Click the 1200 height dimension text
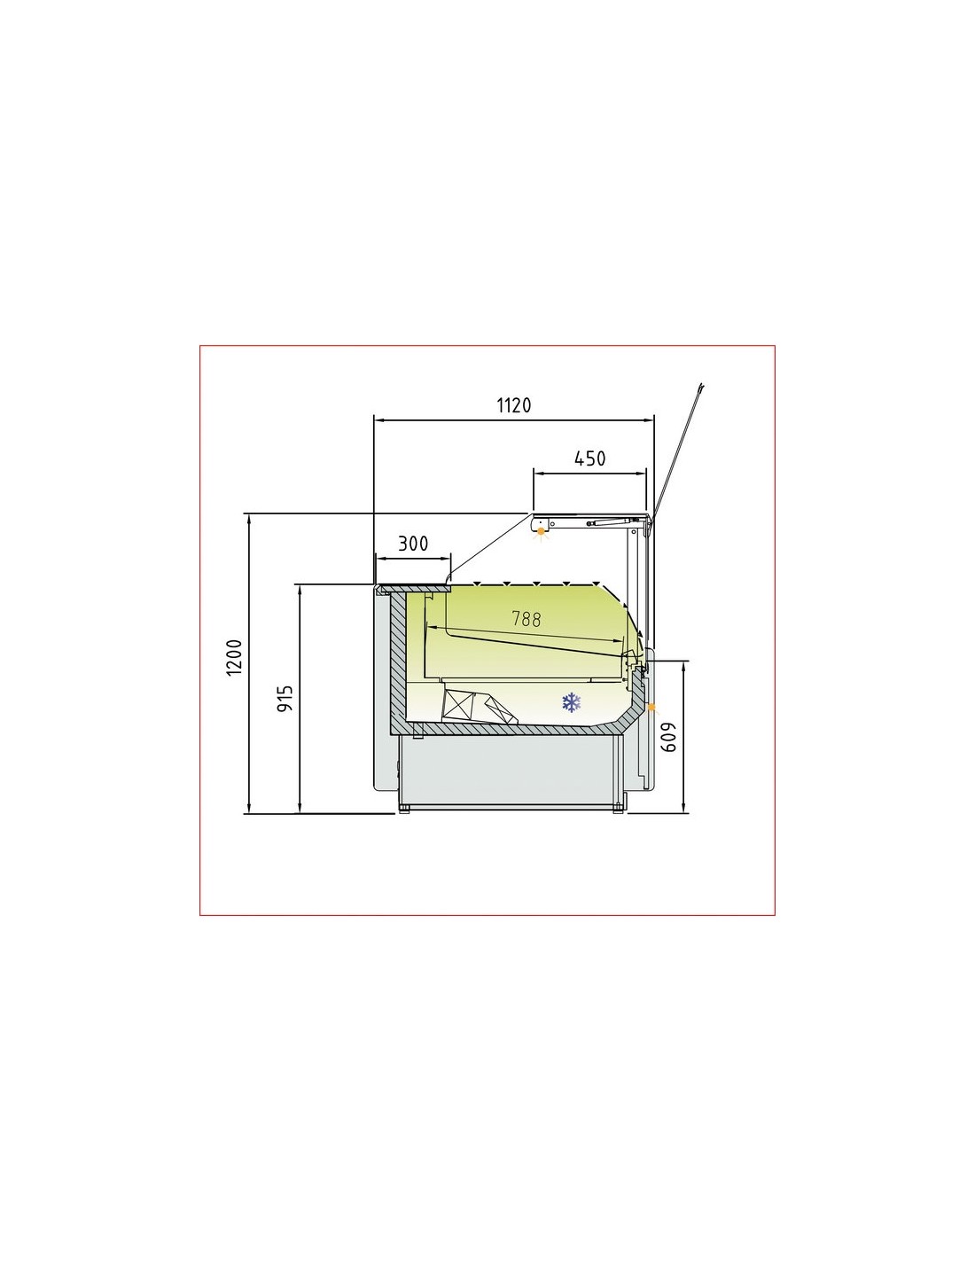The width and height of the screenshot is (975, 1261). [234, 657]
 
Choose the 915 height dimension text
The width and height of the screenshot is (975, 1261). [285, 700]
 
